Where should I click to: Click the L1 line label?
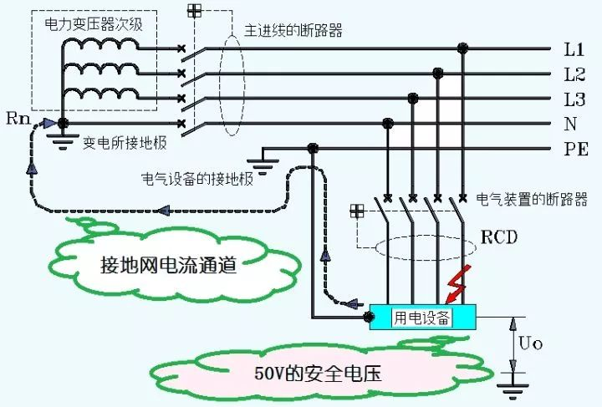pos(574,49)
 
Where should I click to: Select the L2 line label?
pos(574,74)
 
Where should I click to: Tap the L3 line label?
pos(574,99)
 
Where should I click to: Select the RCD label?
pos(500,237)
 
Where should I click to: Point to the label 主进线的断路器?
pos(293,30)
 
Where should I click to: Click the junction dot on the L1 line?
pos(462,49)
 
